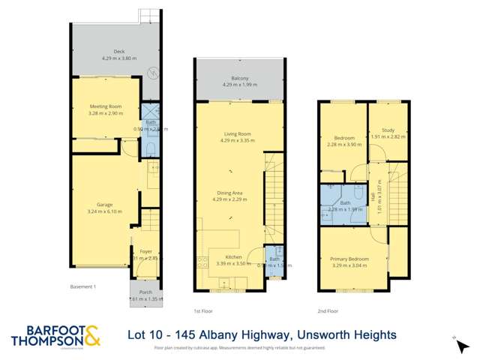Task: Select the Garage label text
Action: tap(104, 204)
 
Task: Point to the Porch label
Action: tap(145, 292)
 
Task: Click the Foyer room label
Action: tap(145, 251)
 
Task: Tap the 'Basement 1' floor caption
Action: tap(82, 286)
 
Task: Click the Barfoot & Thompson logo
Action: tap(55, 337)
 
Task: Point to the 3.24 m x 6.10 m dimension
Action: tap(104, 211)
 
